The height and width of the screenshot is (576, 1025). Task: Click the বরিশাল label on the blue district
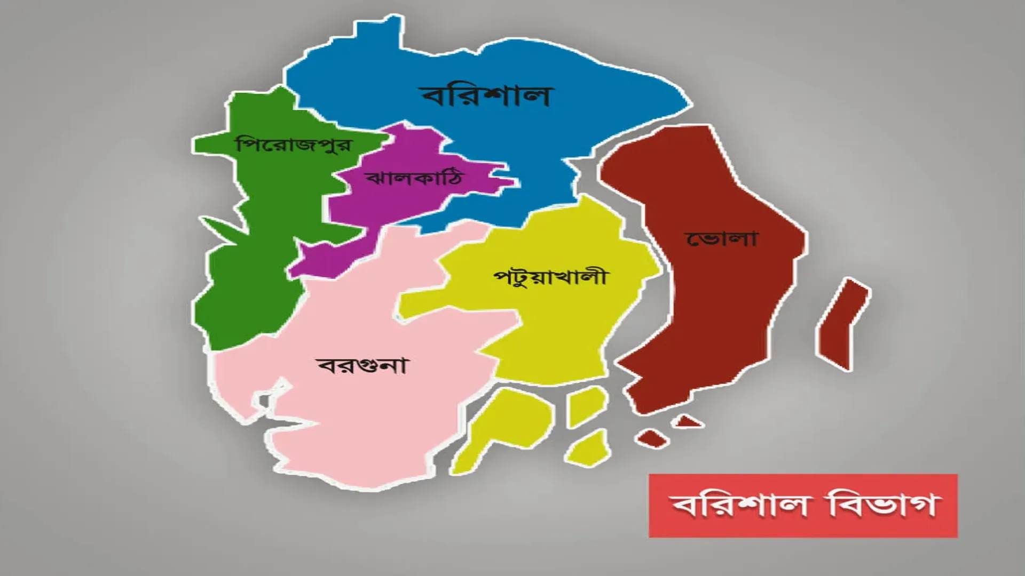click(x=486, y=96)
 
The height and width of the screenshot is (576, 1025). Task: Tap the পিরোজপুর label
click(x=294, y=145)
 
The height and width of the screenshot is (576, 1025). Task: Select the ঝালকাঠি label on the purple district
click(x=414, y=178)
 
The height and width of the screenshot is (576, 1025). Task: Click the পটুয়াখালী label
click(x=550, y=277)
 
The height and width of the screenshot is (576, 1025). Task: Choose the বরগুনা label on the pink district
click(x=362, y=366)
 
